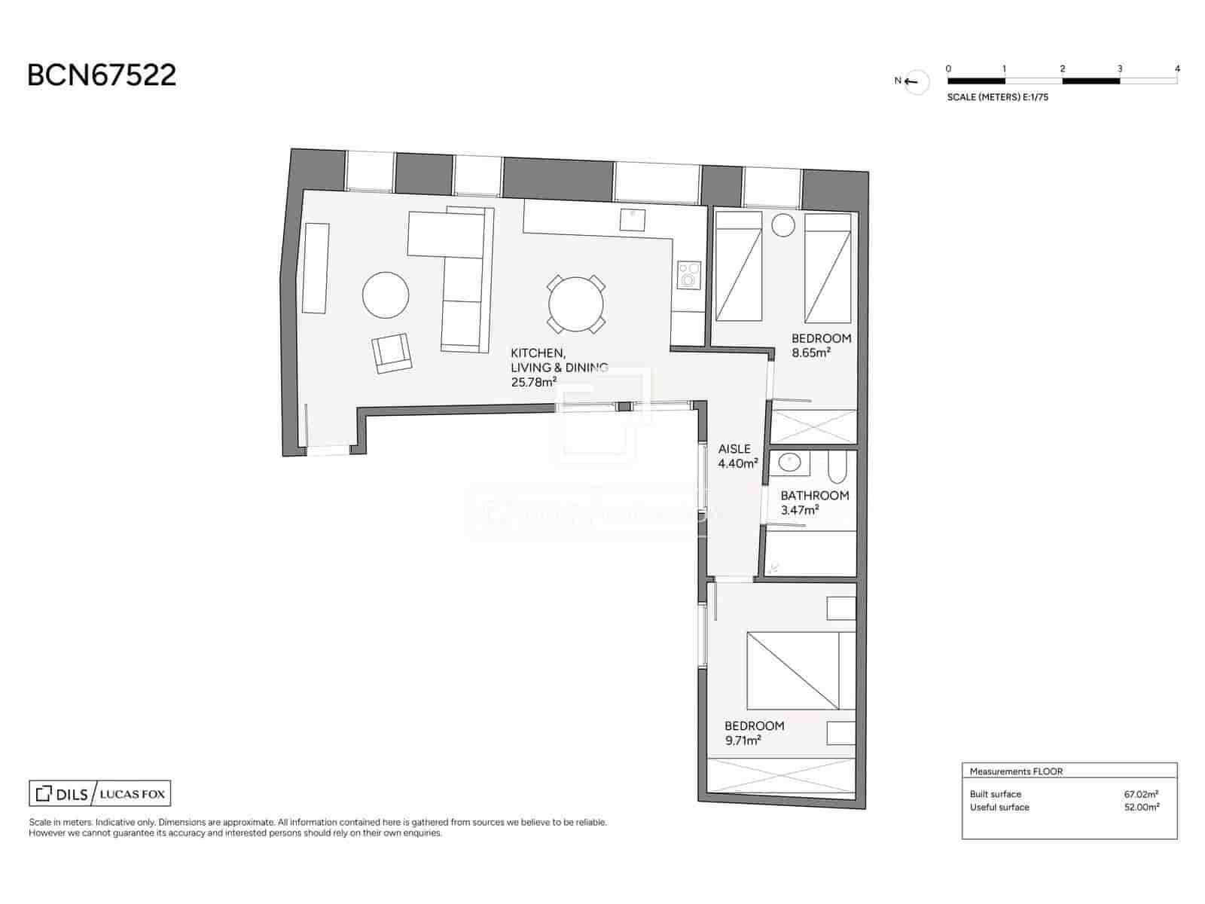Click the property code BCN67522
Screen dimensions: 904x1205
point(102,75)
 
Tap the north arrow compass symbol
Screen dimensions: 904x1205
point(917,81)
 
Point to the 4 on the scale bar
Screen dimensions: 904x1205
point(1177,69)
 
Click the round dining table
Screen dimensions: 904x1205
point(575,304)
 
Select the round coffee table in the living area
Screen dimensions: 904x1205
point(386,295)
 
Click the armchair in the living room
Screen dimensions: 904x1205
point(392,353)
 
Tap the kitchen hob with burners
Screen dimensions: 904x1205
point(688,275)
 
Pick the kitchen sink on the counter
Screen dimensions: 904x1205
point(632,219)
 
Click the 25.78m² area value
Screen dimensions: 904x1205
point(533,382)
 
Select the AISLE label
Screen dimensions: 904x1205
point(734,449)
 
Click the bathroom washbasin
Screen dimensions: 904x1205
point(789,463)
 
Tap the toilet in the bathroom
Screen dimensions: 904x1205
point(837,469)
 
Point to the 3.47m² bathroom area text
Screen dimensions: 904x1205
point(800,510)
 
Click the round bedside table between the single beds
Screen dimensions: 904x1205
point(783,225)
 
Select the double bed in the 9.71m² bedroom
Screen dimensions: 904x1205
point(801,670)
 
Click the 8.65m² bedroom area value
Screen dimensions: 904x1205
point(811,353)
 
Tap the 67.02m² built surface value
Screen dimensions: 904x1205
point(1140,794)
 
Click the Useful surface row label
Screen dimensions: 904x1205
point(999,807)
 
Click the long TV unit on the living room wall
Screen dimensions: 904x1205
point(316,267)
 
